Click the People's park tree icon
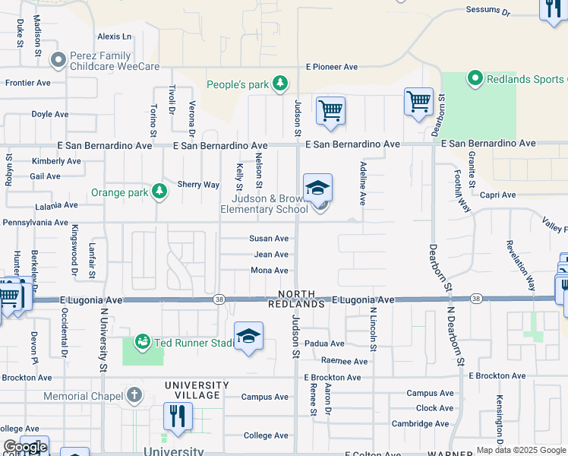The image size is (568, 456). coord(280,83)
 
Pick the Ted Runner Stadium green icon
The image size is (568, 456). coord(142,343)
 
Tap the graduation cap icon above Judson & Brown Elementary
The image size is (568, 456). coord(318,187)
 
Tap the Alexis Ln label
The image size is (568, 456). coord(114,36)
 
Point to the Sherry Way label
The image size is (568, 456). coord(198,185)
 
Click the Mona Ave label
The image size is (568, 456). coord(270,271)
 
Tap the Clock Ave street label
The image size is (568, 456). coord(435,408)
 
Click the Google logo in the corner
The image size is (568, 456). coord(24,447)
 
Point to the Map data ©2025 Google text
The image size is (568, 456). coord(520,450)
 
